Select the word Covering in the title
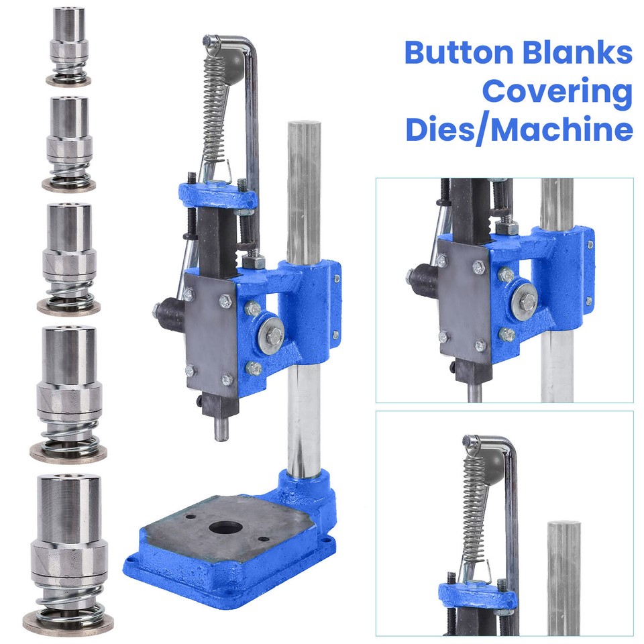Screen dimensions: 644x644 point(557,92)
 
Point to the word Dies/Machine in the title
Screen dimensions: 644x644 point(519,129)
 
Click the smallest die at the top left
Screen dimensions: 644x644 point(68,46)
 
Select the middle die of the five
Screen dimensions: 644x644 point(68,258)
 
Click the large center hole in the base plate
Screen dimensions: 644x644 point(225,527)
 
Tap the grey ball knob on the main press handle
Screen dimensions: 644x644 point(235,62)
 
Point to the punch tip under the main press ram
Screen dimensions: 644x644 point(221,429)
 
